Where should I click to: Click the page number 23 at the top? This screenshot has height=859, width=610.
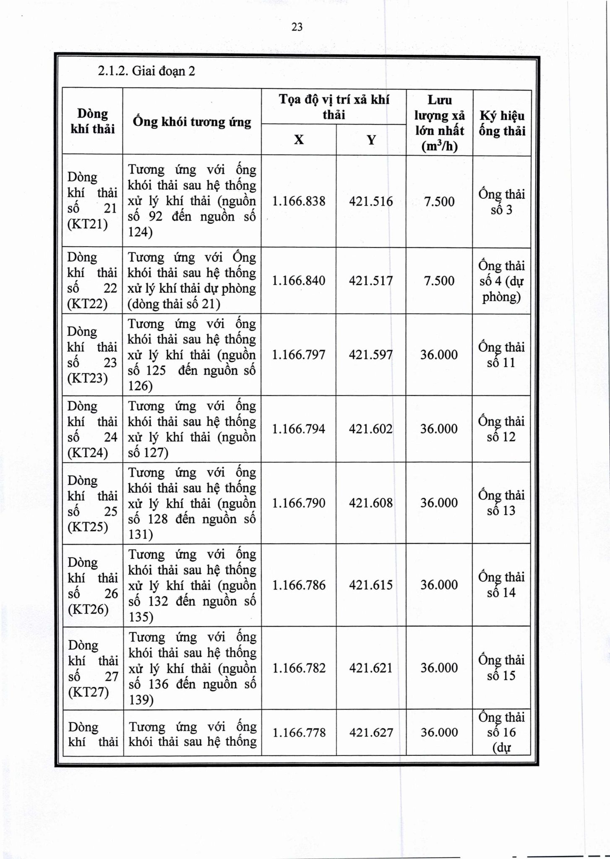pos(297,27)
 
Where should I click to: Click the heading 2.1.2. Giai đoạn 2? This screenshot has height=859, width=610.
pos(146,71)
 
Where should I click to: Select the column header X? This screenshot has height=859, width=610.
pos(299,140)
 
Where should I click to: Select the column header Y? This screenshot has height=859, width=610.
pos(371,140)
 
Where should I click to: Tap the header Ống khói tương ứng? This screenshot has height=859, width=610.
pos(192,122)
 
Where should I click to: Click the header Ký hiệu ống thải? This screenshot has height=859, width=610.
pos(502,123)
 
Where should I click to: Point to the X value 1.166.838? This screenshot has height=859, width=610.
pos(299,201)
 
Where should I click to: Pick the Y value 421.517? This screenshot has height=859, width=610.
pos(371,281)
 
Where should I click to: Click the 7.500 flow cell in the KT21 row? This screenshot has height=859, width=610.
pos(439,201)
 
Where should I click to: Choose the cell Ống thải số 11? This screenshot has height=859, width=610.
pos(502,355)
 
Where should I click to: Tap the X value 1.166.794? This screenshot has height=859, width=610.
pos(299,429)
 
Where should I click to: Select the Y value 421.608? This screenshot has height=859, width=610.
pos(371,503)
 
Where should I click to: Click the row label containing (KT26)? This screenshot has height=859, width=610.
pos(92,586)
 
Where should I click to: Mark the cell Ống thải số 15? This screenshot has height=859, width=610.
pos(502,668)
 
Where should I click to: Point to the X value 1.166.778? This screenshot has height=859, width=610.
pos(299,733)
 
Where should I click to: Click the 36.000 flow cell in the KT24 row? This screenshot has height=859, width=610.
pos(439,429)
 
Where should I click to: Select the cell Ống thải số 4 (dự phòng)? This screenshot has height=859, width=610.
pos(502,281)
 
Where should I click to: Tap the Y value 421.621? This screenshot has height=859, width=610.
pos(371,668)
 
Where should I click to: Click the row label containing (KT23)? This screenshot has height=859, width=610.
pos(92,355)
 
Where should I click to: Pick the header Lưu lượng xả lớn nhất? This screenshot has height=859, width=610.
pos(439,123)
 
